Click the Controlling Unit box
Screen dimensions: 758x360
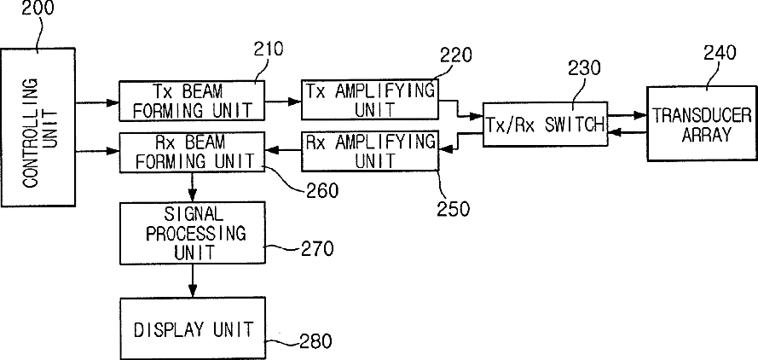coord(38,127)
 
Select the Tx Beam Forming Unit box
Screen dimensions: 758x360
coord(193,101)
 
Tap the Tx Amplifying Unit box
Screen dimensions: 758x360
coord(370,100)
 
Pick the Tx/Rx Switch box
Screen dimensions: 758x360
coord(546,124)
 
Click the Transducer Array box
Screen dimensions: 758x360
coord(703,124)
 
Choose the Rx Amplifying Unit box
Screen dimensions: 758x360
coord(370,150)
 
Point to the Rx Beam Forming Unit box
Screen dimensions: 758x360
coord(193,152)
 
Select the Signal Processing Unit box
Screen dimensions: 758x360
coord(193,233)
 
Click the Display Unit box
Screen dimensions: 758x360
coord(193,328)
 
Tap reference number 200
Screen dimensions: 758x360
coord(38,9)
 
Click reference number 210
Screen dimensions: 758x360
coord(268,49)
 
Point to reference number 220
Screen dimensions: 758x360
coord(456,55)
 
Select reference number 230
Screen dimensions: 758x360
coord(584,68)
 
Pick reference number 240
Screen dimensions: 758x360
coord(720,53)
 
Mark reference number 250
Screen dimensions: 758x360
coord(454,209)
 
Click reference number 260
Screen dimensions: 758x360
coord(322,190)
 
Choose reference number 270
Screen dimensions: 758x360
coord(317,249)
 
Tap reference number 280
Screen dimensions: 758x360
coord(315,341)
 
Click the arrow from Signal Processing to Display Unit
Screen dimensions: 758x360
coord(193,281)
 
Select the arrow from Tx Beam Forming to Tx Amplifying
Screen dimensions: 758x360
coord(283,102)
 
